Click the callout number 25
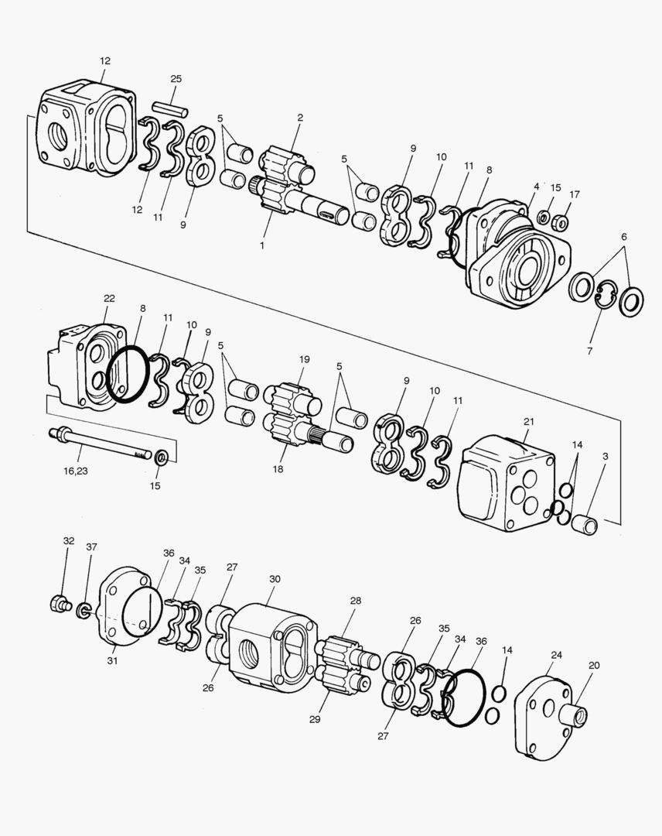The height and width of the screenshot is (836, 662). [176, 79]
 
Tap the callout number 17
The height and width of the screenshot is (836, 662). [574, 194]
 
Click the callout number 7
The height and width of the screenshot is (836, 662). [589, 351]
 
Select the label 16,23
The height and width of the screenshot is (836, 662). [76, 471]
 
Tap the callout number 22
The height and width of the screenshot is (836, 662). [109, 299]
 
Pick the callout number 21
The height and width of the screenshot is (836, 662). [528, 422]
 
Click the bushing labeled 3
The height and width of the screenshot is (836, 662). [584, 523]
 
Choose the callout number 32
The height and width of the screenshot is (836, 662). [69, 540]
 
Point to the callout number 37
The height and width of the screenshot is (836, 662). [91, 547]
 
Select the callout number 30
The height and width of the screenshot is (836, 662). [275, 579]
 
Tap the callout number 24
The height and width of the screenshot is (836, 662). [557, 656]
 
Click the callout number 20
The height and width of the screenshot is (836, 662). [595, 666]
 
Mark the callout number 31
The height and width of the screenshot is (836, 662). [112, 661]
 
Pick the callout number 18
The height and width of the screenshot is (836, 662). [278, 470]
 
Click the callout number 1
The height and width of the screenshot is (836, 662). [262, 246]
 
